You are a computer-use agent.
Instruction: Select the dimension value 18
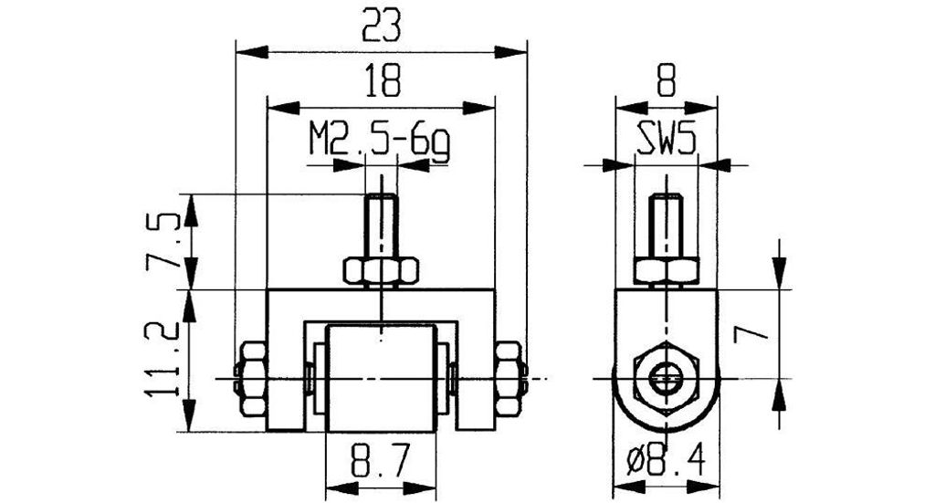click(x=381, y=81)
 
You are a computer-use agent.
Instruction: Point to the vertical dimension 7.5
click(x=156, y=242)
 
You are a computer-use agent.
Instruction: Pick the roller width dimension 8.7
click(x=381, y=460)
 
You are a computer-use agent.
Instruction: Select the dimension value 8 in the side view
click(x=666, y=81)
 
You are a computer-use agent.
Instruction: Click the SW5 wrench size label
click(x=666, y=140)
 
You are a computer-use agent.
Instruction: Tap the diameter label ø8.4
click(x=667, y=461)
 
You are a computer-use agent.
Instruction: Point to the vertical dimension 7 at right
click(x=749, y=334)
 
